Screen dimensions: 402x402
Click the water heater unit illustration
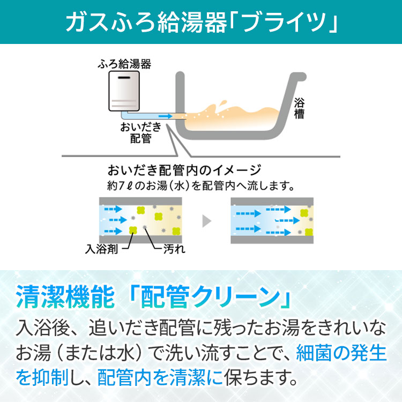pyautogui.click(x=124, y=91)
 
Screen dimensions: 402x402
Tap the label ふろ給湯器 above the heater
pyautogui.click(x=124, y=64)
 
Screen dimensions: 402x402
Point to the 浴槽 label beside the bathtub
pyautogui.click(x=299, y=108)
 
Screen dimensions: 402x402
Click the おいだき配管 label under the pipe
pyautogui.click(x=141, y=133)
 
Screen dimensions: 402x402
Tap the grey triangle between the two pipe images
pyautogui.click(x=207, y=221)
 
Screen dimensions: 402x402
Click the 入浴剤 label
pyautogui.click(x=101, y=249)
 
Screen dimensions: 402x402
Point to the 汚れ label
pyautogui.click(x=174, y=249)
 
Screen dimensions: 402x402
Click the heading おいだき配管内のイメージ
pyautogui.click(x=184, y=170)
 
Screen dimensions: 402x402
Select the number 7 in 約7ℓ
pyautogui.click(x=122, y=186)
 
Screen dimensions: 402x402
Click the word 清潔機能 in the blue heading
pyautogui.click(x=65, y=296)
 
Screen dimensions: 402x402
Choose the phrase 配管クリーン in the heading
pyautogui.click(x=210, y=296)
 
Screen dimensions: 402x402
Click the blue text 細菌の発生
pyautogui.click(x=341, y=353)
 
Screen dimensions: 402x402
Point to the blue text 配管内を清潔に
pyautogui.click(x=160, y=377)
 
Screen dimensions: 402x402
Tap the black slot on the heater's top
pyautogui.click(x=124, y=77)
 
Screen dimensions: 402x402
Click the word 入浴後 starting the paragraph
pyautogui.click(x=43, y=328)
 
